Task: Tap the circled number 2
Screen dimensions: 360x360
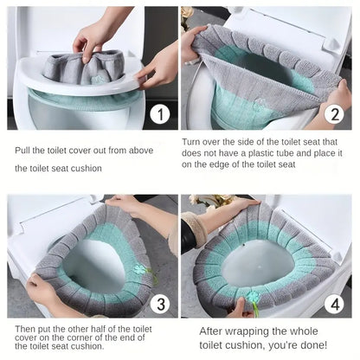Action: click(333, 114)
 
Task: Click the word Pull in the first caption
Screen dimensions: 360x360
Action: click(23, 150)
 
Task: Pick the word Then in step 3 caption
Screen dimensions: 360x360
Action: click(26, 330)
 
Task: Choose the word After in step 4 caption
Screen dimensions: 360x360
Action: click(214, 331)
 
